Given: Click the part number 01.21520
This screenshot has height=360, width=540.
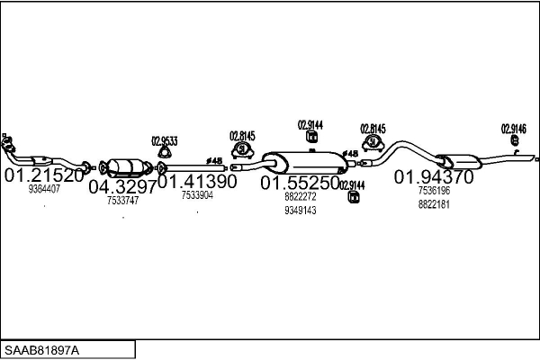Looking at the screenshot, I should click(x=44, y=175).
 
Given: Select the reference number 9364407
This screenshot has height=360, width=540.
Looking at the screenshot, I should click(x=44, y=189).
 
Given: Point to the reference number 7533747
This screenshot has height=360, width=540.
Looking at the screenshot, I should click(x=122, y=201).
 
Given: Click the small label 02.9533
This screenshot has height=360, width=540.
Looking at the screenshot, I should click(x=164, y=140).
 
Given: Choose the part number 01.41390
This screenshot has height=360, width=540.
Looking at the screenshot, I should click(x=198, y=181).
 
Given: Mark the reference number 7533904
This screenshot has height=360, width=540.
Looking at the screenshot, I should click(x=197, y=194).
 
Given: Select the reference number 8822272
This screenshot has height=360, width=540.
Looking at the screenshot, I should click(x=300, y=196).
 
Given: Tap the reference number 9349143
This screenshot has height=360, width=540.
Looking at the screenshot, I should click(x=300, y=211).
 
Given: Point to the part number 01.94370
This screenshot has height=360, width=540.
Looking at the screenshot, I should click(x=434, y=176).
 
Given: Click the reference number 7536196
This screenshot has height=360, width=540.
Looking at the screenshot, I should click(x=434, y=191).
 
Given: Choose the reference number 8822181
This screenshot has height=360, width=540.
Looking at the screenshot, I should click(x=434, y=204).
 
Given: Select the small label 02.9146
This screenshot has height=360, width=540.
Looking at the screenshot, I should click(x=514, y=128).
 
